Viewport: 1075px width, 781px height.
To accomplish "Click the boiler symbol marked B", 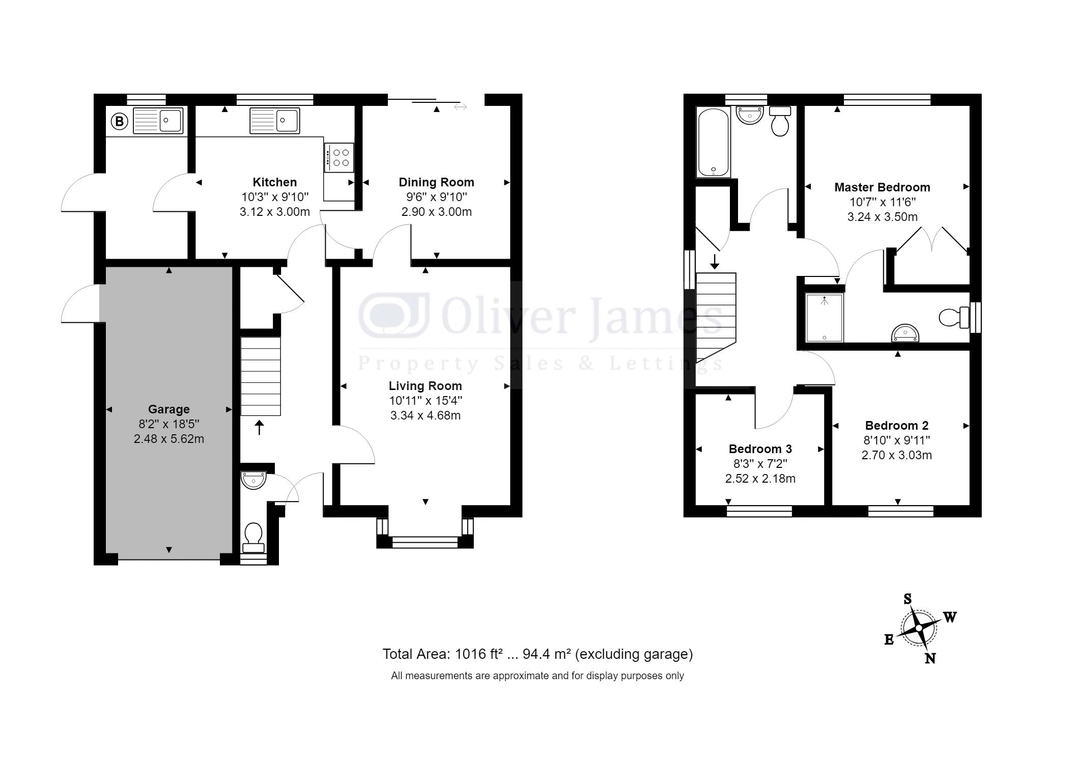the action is (x=119, y=121).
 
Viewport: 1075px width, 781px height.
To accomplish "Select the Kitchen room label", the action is (x=275, y=182).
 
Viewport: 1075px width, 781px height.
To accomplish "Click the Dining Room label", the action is (x=436, y=182).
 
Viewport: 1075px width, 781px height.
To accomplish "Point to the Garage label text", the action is (x=169, y=409).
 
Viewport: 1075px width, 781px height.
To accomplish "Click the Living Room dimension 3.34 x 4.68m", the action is (x=426, y=415).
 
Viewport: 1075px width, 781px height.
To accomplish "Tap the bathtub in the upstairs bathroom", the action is (x=714, y=143).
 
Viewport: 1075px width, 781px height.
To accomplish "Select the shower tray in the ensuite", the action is (x=825, y=317).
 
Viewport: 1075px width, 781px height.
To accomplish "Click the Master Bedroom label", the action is (x=882, y=187).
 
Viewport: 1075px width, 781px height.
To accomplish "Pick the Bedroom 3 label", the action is (x=760, y=449).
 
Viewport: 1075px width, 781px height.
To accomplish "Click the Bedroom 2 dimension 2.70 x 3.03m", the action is (x=897, y=455).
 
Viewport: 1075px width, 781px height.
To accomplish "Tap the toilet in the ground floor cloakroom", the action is (x=253, y=537).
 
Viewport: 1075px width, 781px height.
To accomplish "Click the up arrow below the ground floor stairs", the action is (x=260, y=428).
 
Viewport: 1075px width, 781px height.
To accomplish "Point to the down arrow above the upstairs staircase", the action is (x=715, y=261).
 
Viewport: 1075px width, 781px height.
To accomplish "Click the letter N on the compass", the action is (x=930, y=658).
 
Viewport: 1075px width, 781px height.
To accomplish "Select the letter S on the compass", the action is (x=908, y=599).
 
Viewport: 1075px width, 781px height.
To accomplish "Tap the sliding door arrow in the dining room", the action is (x=460, y=107).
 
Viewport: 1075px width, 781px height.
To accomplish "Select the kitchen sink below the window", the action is (x=275, y=121).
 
